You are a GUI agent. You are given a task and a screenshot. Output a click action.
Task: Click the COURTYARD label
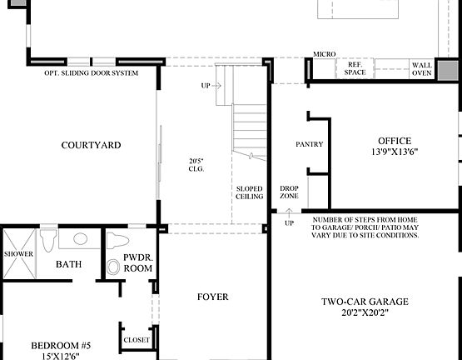(91, 145)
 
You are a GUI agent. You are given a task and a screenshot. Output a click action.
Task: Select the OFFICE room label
(394, 141)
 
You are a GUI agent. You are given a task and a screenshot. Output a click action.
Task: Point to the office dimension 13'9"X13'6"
(394, 152)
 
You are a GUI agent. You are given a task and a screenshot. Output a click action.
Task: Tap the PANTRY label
(309, 145)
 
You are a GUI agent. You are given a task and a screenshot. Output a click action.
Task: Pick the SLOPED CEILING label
(250, 192)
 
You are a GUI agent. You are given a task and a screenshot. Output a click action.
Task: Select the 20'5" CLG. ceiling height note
(196, 164)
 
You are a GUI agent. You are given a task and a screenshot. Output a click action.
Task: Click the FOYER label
(213, 297)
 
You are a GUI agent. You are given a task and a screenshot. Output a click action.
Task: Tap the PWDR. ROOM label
(137, 263)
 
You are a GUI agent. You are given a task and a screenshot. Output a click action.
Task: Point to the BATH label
(68, 264)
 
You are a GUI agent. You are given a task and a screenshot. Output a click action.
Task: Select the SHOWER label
(18, 254)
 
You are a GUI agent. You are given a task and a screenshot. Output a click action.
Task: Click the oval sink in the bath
(81, 239)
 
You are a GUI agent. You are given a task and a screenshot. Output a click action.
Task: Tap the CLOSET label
(137, 340)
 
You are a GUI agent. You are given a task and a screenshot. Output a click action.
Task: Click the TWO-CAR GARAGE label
(366, 302)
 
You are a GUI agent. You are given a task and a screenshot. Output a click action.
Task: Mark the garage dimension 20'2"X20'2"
(366, 314)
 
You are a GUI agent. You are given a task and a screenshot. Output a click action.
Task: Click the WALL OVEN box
(422, 69)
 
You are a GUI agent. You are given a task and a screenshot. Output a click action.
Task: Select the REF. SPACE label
(355, 69)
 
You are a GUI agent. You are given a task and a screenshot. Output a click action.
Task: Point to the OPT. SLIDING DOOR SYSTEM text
(102, 73)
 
